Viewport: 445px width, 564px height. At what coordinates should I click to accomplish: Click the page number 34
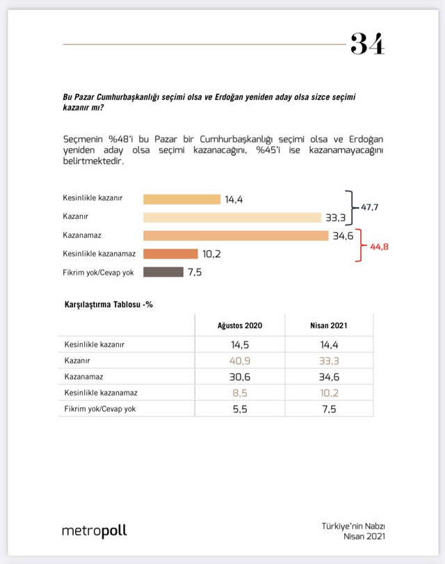point(367,44)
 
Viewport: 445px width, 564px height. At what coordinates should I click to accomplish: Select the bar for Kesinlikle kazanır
point(181,199)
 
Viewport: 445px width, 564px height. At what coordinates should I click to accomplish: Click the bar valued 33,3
point(232,217)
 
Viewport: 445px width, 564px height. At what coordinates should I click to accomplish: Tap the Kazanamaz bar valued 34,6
point(235,236)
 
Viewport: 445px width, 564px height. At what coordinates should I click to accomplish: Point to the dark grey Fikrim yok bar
point(163,272)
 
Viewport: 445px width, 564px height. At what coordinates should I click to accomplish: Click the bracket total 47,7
point(370,207)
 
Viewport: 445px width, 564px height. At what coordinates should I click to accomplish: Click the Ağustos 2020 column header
point(241,325)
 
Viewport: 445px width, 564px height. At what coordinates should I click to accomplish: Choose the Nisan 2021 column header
point(328,325)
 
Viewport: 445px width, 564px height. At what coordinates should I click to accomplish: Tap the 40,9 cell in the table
point(241,360)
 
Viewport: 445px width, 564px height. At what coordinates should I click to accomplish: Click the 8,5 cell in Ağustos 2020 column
point(241,392)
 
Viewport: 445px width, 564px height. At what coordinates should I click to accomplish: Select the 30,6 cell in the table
point(241,376)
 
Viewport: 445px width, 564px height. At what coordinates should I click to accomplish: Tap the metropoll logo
point(95,531)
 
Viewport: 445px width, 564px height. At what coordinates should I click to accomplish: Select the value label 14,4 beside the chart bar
point(233,200)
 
